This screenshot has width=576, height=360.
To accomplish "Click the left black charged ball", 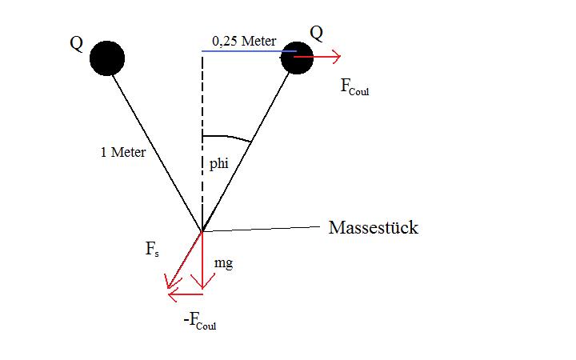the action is click(107, 58).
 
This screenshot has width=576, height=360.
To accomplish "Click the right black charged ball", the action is click(297, 58).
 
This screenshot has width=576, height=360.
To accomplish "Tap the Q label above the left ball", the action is click(77, 44).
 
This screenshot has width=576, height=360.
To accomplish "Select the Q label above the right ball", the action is click(316, 34).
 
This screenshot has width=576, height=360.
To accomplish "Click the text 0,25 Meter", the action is click(244, 41).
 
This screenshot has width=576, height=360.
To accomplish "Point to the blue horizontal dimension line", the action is click(249, 51).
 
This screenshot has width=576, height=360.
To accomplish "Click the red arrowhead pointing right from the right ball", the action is click(336, 56).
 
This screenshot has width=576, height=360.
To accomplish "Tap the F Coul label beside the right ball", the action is click(354, 87).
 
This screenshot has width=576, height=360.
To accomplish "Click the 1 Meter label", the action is click(123, 152).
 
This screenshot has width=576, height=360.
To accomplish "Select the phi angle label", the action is click(219, 164).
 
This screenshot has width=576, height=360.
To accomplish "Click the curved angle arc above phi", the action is click(227, 137).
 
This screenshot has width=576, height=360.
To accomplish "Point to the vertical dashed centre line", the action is click(202, 142).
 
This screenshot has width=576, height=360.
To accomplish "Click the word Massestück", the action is click(374, 227).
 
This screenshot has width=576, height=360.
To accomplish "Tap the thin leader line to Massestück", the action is click(261, 229).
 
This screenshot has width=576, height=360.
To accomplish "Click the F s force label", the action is click(152, 249).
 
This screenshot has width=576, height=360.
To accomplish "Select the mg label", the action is click(224, 263).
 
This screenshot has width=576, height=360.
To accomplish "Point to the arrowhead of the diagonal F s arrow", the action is click(172, 282).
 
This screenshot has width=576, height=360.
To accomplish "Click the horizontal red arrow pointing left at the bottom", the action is click(185, 294).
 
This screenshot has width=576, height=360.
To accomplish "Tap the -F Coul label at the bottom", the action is click(200, 322).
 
